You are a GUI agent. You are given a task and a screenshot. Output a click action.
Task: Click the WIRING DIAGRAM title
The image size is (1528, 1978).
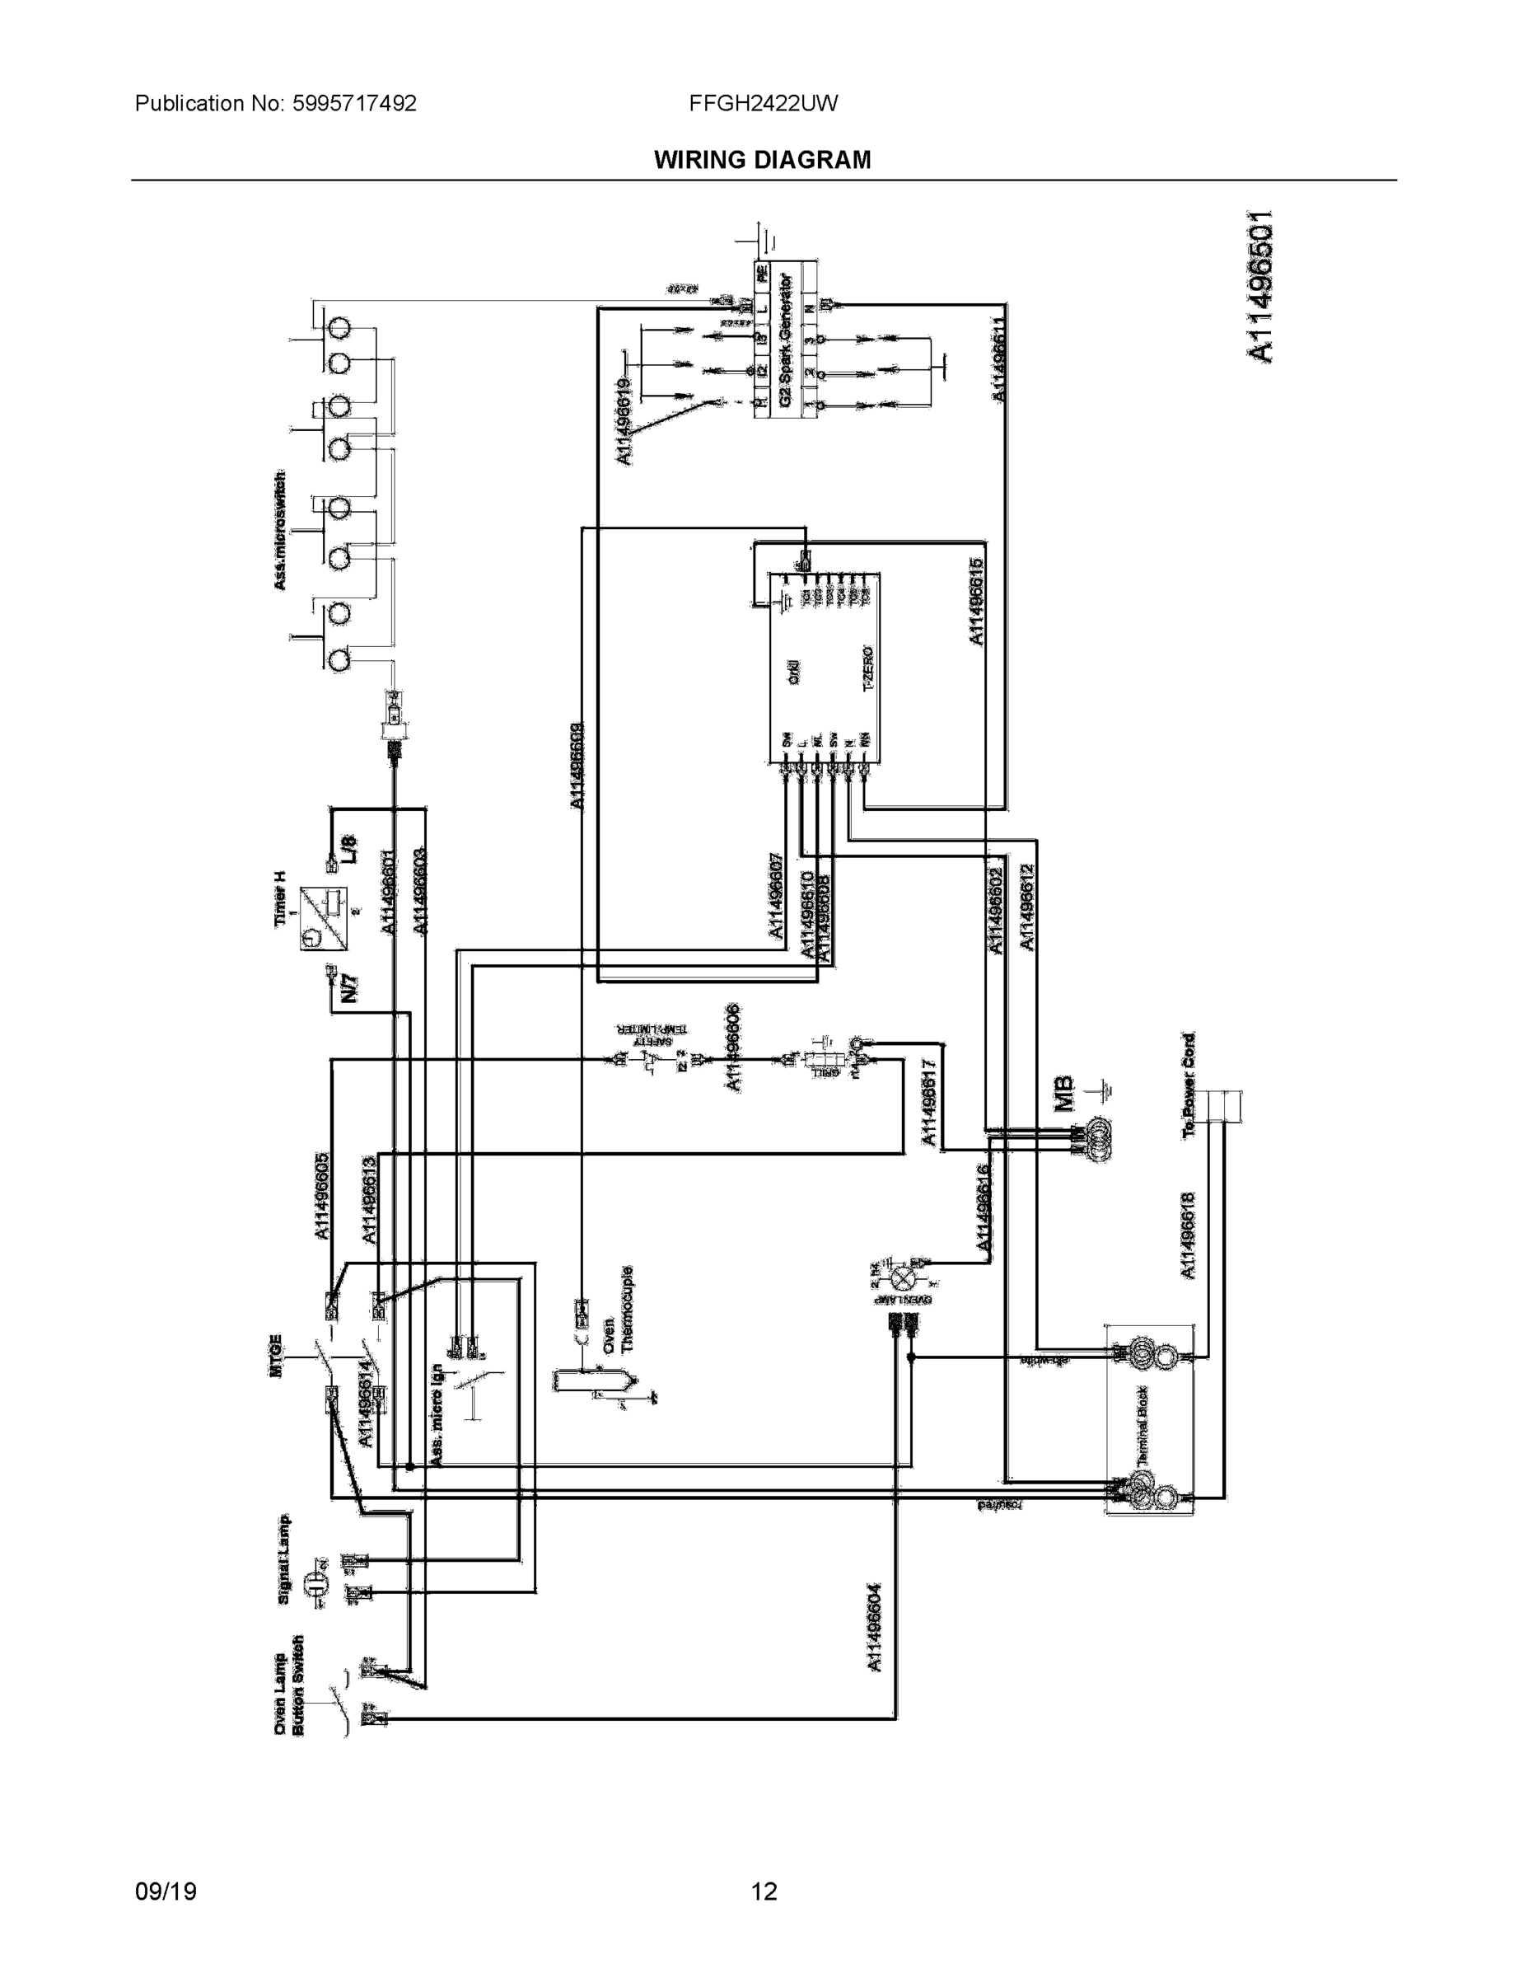click(x=762, y=161)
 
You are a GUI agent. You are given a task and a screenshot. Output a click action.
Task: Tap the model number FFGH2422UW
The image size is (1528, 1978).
click(x=763, y=103)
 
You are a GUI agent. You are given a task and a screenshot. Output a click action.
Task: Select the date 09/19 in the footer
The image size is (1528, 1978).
click(x=166, y=1866)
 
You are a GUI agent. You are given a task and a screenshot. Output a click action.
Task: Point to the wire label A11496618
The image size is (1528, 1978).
click(x=1189, y=1236)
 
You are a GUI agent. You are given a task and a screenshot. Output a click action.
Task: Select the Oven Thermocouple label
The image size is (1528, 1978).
click(x=619, y=1310)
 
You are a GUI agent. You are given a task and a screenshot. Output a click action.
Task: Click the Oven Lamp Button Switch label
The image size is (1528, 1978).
click(x=291, y=1685)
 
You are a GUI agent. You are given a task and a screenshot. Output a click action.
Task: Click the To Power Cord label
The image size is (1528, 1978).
click(x=1189, y=1084)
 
